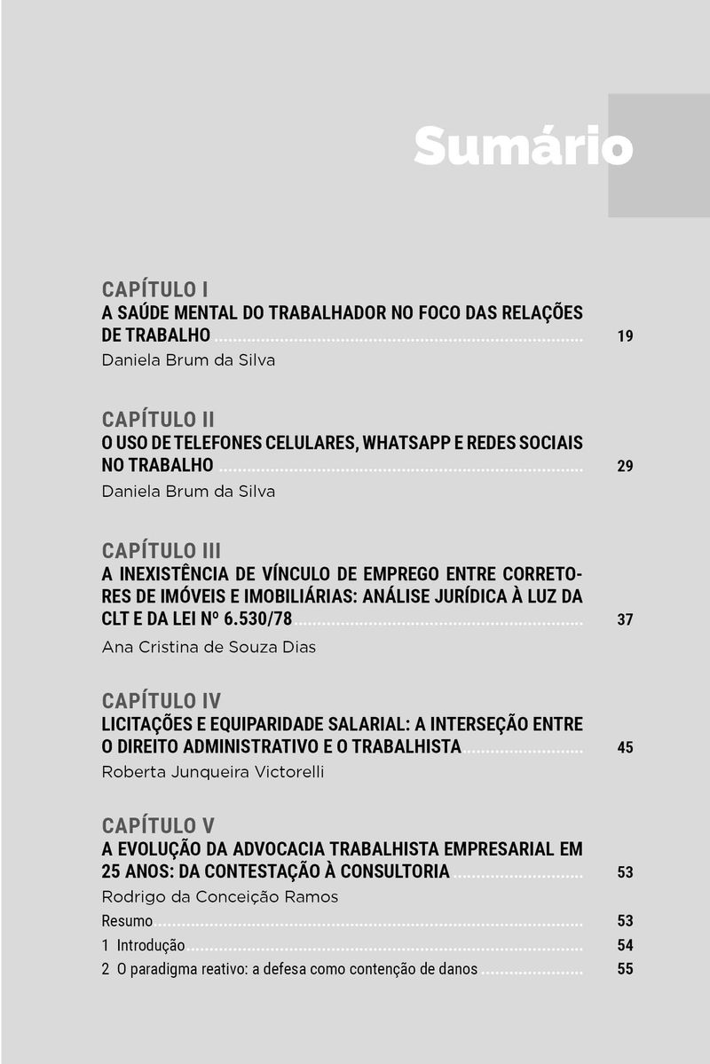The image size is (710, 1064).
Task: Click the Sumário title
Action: point(523,145)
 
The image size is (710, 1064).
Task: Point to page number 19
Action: point(625,336)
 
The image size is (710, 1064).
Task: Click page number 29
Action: point(625,466)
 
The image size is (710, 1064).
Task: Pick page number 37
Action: point(625,619)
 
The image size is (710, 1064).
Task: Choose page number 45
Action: point(625,747)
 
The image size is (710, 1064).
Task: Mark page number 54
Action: point(625,945)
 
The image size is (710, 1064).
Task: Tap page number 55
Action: point(625,969)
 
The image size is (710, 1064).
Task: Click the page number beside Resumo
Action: point(625,920)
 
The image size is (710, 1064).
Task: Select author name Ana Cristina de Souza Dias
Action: point(209,647)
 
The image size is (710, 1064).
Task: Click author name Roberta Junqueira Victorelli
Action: point(213,772)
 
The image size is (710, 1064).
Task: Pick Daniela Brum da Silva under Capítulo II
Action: point(188,492)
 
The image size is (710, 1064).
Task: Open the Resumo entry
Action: point(127,920)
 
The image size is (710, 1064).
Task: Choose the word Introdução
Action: point(151,945)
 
